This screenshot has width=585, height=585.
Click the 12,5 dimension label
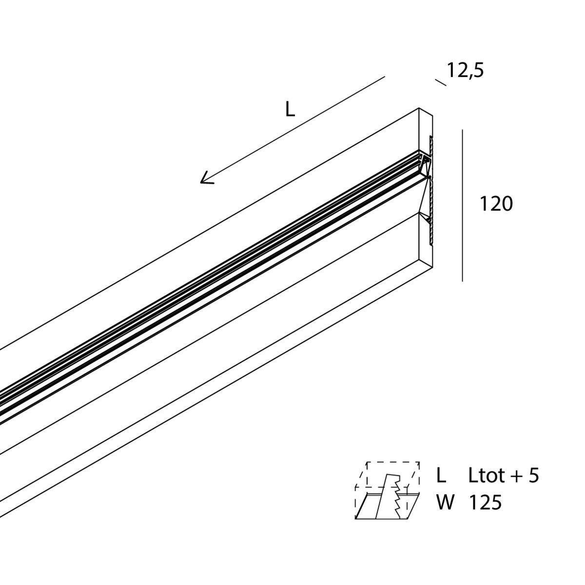[x=465, y=71]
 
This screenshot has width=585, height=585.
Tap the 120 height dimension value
[x=496, y=204]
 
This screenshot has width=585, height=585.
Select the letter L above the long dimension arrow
[x=290, y=109]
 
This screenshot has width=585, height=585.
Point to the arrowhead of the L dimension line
[x=206, y=178]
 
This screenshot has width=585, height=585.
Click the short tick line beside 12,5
[x=441, y=82]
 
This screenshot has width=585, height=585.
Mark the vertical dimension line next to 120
[x=462, y=206]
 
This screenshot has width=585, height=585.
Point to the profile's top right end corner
[x=419, y=108]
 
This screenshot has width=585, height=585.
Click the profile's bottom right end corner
[x=432, y=268]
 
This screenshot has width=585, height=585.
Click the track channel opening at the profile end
[x=425, y=165]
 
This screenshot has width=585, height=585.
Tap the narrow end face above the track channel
[x=426, y=133]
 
